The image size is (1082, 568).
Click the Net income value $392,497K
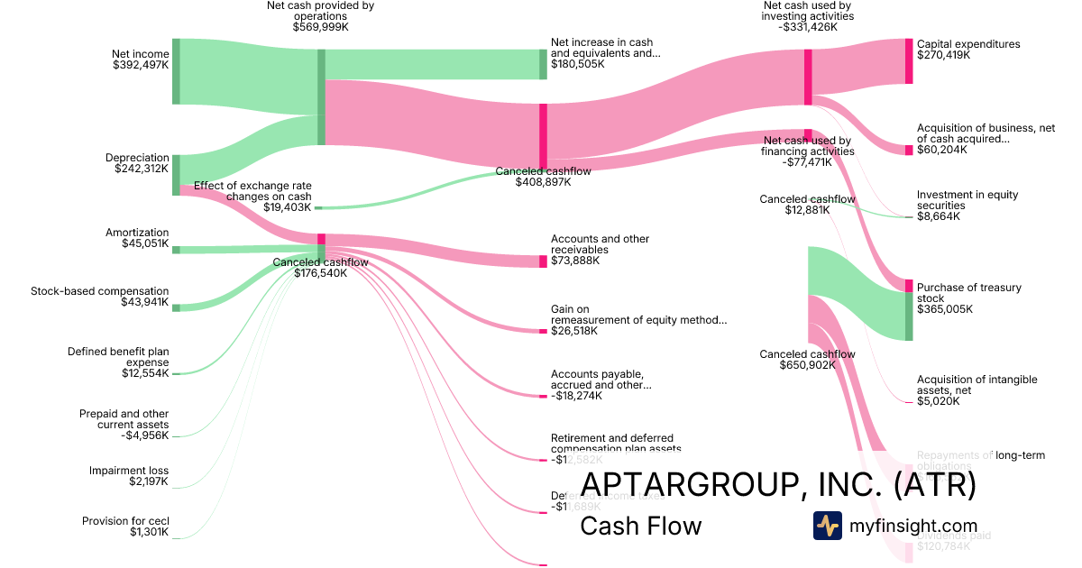coord(140,65)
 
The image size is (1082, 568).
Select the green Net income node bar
coord(176,71)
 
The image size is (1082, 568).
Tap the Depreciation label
coord(137,158)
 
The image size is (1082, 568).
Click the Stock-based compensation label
coord(99,291)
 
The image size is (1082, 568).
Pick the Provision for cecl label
coord(125,521)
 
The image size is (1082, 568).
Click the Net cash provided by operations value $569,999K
coord(320,27)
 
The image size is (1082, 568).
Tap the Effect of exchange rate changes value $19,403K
coord(287,207)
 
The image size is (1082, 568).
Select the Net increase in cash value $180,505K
coord(577,64)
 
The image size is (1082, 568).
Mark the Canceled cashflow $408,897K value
coord(543,182)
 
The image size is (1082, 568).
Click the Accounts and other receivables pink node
coord(543,261)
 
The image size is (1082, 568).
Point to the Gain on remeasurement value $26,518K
coord(573,331)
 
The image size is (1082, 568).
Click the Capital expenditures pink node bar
coord(909,61)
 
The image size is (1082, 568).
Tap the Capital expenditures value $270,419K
coord(943,55)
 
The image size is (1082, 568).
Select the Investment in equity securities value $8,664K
coord(938,216)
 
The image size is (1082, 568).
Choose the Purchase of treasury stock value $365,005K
coord(943,309)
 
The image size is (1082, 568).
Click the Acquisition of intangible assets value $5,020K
coord(938,401)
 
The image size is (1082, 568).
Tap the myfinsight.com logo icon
coord(827,526)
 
